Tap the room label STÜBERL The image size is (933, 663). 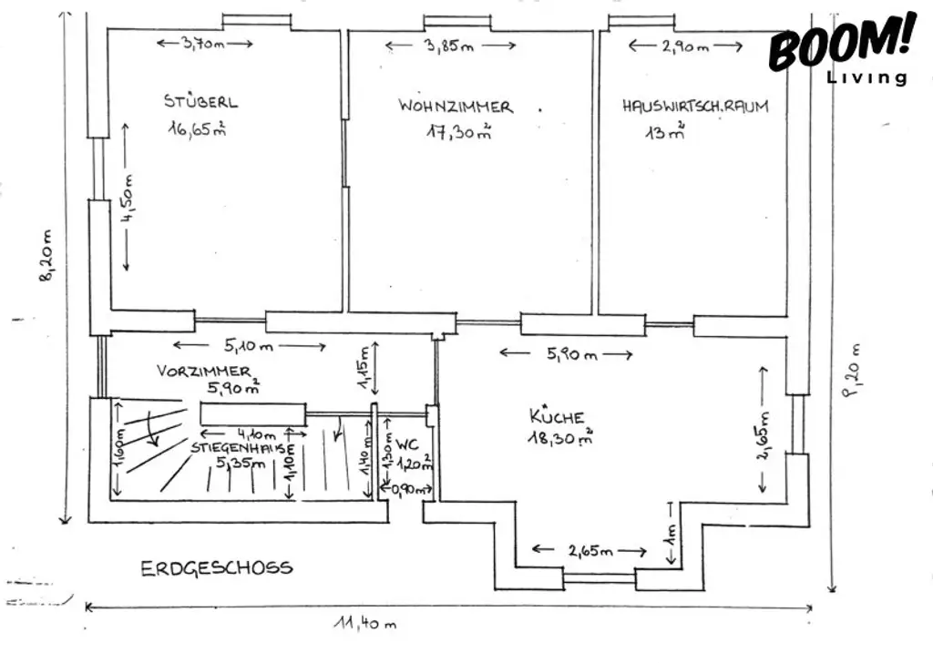pyautogui.click(x=200, y=101)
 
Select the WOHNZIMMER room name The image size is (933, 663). pyautogui.click(x=455, y=107)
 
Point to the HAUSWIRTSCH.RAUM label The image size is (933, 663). pyautogui.click(x=695, y=107)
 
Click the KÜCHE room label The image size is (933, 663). pyautogui.click(x=557, y=417)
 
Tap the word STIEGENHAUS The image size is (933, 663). pyautogui.click(x=242, y=448)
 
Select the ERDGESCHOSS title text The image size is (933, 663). pyautogui.click(x=217, y=568)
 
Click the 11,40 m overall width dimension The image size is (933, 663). pyautogui.click(x=365, y=624)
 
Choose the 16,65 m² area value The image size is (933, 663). pyautogui.click(x=196, y=129)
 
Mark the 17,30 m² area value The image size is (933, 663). pyautogui.click(x=459, y=132)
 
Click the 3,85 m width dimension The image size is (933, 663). pyautogui.click(x=449, y=47)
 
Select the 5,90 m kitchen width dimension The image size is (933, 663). pyautogui.click(x=571, y=354)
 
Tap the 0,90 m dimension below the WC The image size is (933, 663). pyautogui.click(x=405, y=490)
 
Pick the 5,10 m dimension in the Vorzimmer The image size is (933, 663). pyautogui.click(x=249, y=347)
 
